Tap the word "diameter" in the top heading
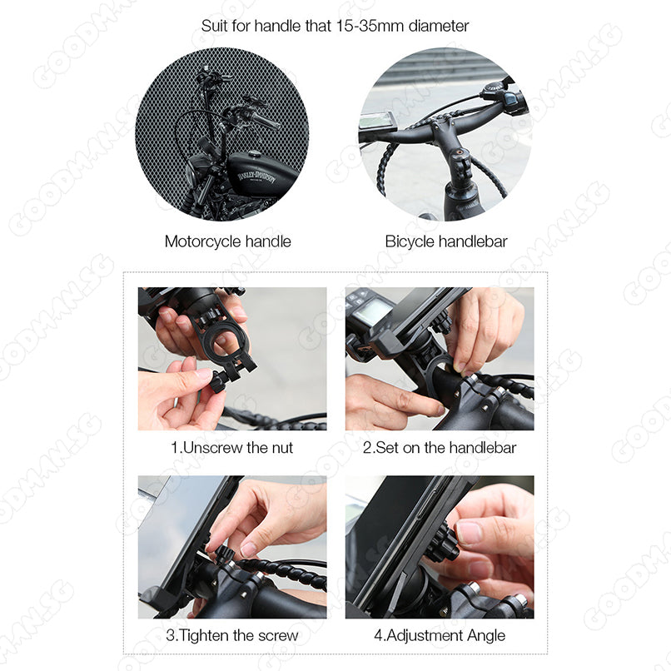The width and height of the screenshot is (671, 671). pyautogui.click(x=439, y=26)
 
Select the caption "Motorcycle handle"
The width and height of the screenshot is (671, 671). pyautogui.click(x=227, y=241)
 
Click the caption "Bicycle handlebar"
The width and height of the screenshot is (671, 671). pyautogui.click(x=446, y=241)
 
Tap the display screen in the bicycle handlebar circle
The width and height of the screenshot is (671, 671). pyautogui.click(x=376, y=121)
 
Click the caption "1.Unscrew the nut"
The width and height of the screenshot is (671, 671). pyautogui.click(x=231, y=448)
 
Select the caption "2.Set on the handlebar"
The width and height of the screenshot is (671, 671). pyautogui.click(x=440, y=448)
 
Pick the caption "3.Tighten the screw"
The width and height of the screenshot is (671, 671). pyautogui.click(x=232, y=635)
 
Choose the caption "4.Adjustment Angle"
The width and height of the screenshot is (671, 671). pyautogui.click(x=440, y=635)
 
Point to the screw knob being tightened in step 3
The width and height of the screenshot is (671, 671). pyautogui.click(x=221, y=555)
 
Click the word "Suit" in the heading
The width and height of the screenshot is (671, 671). pyautogui.click(x=215, y=26)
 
